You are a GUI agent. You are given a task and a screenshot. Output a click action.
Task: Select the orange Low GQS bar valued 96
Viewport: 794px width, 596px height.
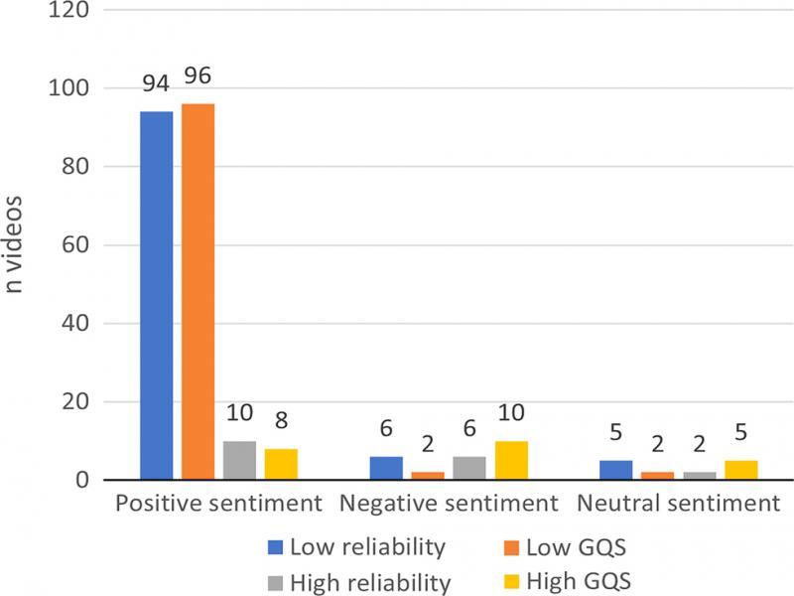[198, 292]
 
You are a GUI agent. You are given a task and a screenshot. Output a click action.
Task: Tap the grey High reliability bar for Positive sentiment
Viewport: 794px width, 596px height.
[239, 461]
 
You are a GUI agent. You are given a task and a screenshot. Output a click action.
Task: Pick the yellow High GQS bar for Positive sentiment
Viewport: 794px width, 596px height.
[281, 465]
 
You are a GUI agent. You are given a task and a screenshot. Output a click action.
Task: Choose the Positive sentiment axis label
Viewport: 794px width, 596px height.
[218, 505]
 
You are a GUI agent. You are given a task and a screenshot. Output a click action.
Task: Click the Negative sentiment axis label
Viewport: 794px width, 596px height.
[448, 505]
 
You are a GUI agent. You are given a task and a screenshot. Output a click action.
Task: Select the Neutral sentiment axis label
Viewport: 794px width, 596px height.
[679, 505]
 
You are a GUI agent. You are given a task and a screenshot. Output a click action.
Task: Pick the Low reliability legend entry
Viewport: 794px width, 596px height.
[357, 546]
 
